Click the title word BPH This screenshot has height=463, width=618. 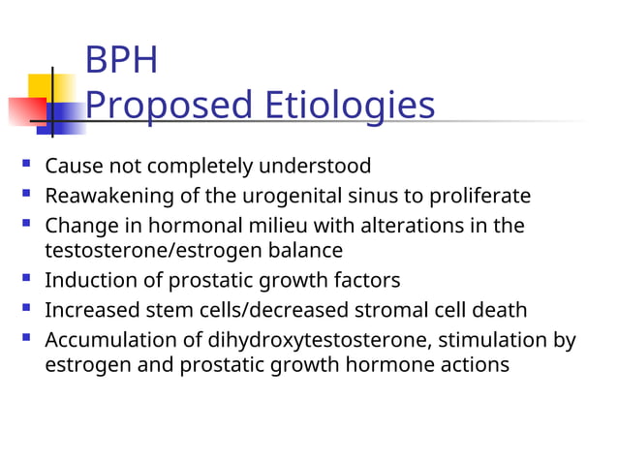pyautogui.click(x=121, y=61)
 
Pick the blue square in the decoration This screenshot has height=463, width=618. pyautogui.click(x=64, y=118)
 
